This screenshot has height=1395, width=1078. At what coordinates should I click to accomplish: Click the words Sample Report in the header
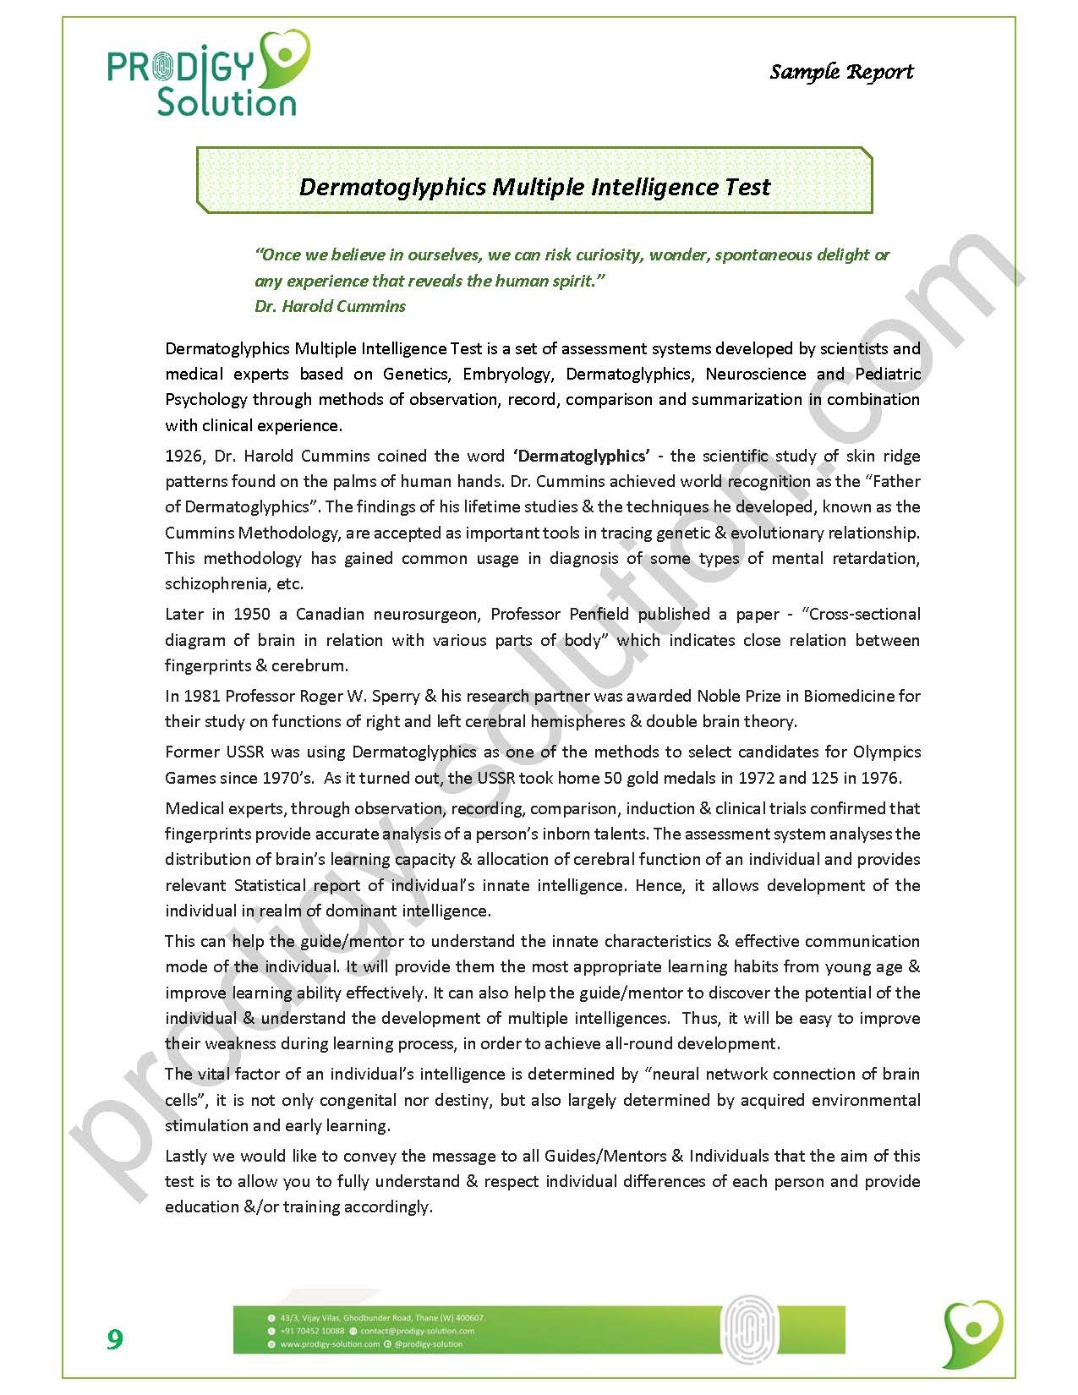click(x=841, y=72)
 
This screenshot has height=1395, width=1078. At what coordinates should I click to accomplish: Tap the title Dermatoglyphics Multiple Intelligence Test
click(x=534, y=187)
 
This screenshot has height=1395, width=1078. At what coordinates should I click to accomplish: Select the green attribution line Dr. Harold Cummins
click(x=330, y=306)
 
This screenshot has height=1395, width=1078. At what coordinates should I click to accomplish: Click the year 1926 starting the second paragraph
click(x=183, y=457)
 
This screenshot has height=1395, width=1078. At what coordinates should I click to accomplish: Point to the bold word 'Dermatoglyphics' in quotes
click(x=582, y=457)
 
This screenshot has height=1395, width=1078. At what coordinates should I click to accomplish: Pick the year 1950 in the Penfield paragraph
click(x=252, y=615)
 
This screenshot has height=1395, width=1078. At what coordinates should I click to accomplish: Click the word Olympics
click(x=887, y=752)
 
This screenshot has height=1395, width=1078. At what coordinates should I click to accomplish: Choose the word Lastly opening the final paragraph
click(x=189, y=1156)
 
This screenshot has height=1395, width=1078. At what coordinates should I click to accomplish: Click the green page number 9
click(x=114, y=1339)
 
